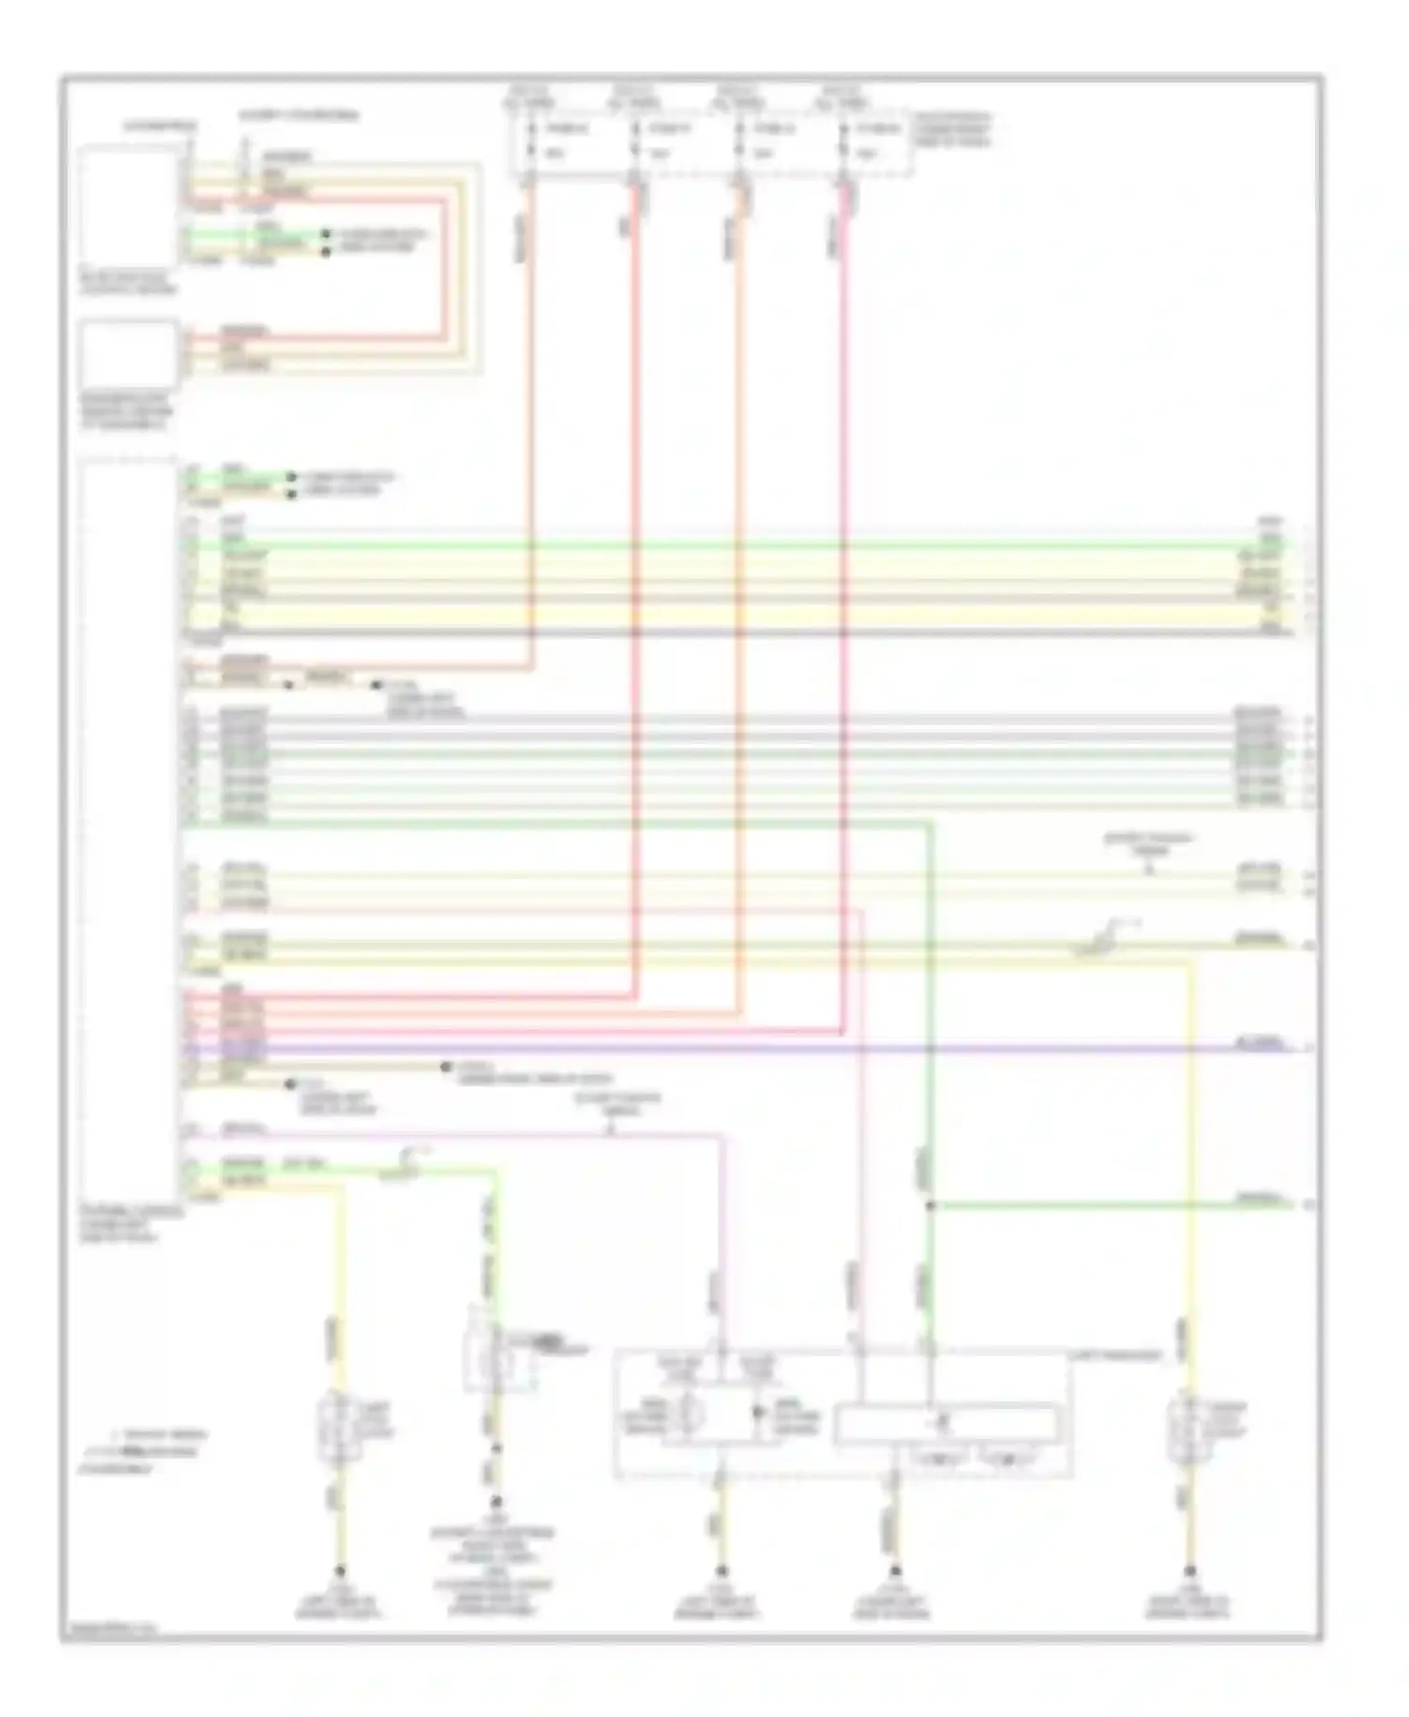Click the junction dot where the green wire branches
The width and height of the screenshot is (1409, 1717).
pyautogui.click(x=930, y=1205)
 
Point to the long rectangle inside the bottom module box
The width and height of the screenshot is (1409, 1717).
pyautogui.click(x=945, y=1422)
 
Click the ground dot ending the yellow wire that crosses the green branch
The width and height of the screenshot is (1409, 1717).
pyautogui.click(x=1189, y=1570)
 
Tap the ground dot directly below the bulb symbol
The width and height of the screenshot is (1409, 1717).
pyautogui.click(x=721, y=1570)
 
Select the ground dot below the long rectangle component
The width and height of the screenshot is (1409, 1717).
pyautogui.click(x=894, y=1570)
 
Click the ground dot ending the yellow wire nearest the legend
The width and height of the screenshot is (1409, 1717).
pyautogui.click(x=340, y=1570)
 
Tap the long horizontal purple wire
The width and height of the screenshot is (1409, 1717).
pyautogui.click(x=751, y=1047)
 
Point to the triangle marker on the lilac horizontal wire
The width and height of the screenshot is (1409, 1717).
pyautogui.click(x=612, y=1129)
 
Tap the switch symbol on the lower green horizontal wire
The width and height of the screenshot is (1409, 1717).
pyautogui.click(x=407, y=1165)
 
